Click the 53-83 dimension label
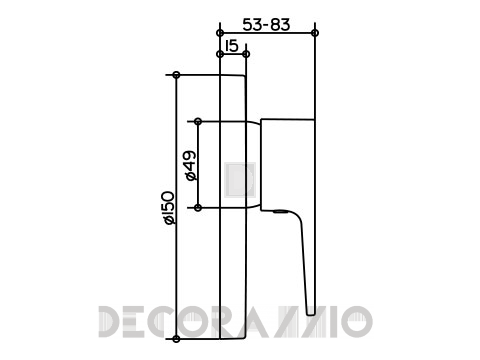point(266,25)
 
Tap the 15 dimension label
point(232,46)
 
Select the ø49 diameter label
point(191,166)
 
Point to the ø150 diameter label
point(169,207)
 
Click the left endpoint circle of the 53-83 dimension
point(220,33)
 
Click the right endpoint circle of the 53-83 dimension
point(314,33)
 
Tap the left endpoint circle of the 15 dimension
point(220,54)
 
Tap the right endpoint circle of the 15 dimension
point(246,54)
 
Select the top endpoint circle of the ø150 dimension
point(177,75)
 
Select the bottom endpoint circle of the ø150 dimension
point(177,339)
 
